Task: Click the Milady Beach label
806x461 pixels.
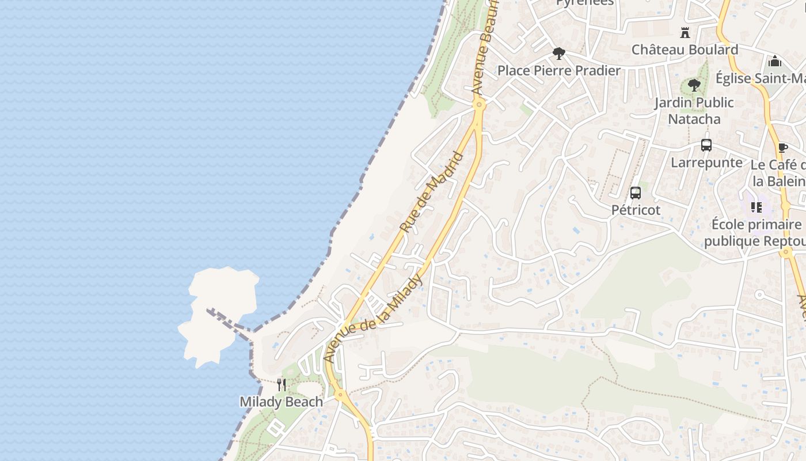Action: click(281, 402)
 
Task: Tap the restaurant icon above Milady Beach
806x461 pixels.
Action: click(282, 385)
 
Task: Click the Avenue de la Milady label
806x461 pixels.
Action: click(374, 319)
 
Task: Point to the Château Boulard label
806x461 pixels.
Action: click(685, 50)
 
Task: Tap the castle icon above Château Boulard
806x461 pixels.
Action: click(685, 32)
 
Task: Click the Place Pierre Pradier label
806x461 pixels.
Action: click(558, 70)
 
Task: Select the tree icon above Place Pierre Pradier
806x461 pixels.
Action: click(558, 54)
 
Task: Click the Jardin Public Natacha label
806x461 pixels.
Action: click(694, 111)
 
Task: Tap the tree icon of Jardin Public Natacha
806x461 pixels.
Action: click(694, 85)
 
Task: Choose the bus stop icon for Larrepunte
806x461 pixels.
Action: click(706, 145)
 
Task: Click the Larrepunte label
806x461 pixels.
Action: click(706, 163)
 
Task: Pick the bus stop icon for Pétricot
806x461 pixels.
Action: click(636, 193)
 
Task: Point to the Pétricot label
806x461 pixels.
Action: click(636, 210)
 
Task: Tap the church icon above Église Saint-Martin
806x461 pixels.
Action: click(775, 61)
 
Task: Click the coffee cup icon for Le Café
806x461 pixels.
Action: click(782, 148)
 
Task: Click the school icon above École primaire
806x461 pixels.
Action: click(756, 207)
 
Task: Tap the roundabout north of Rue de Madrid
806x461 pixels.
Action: click(479, 104)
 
